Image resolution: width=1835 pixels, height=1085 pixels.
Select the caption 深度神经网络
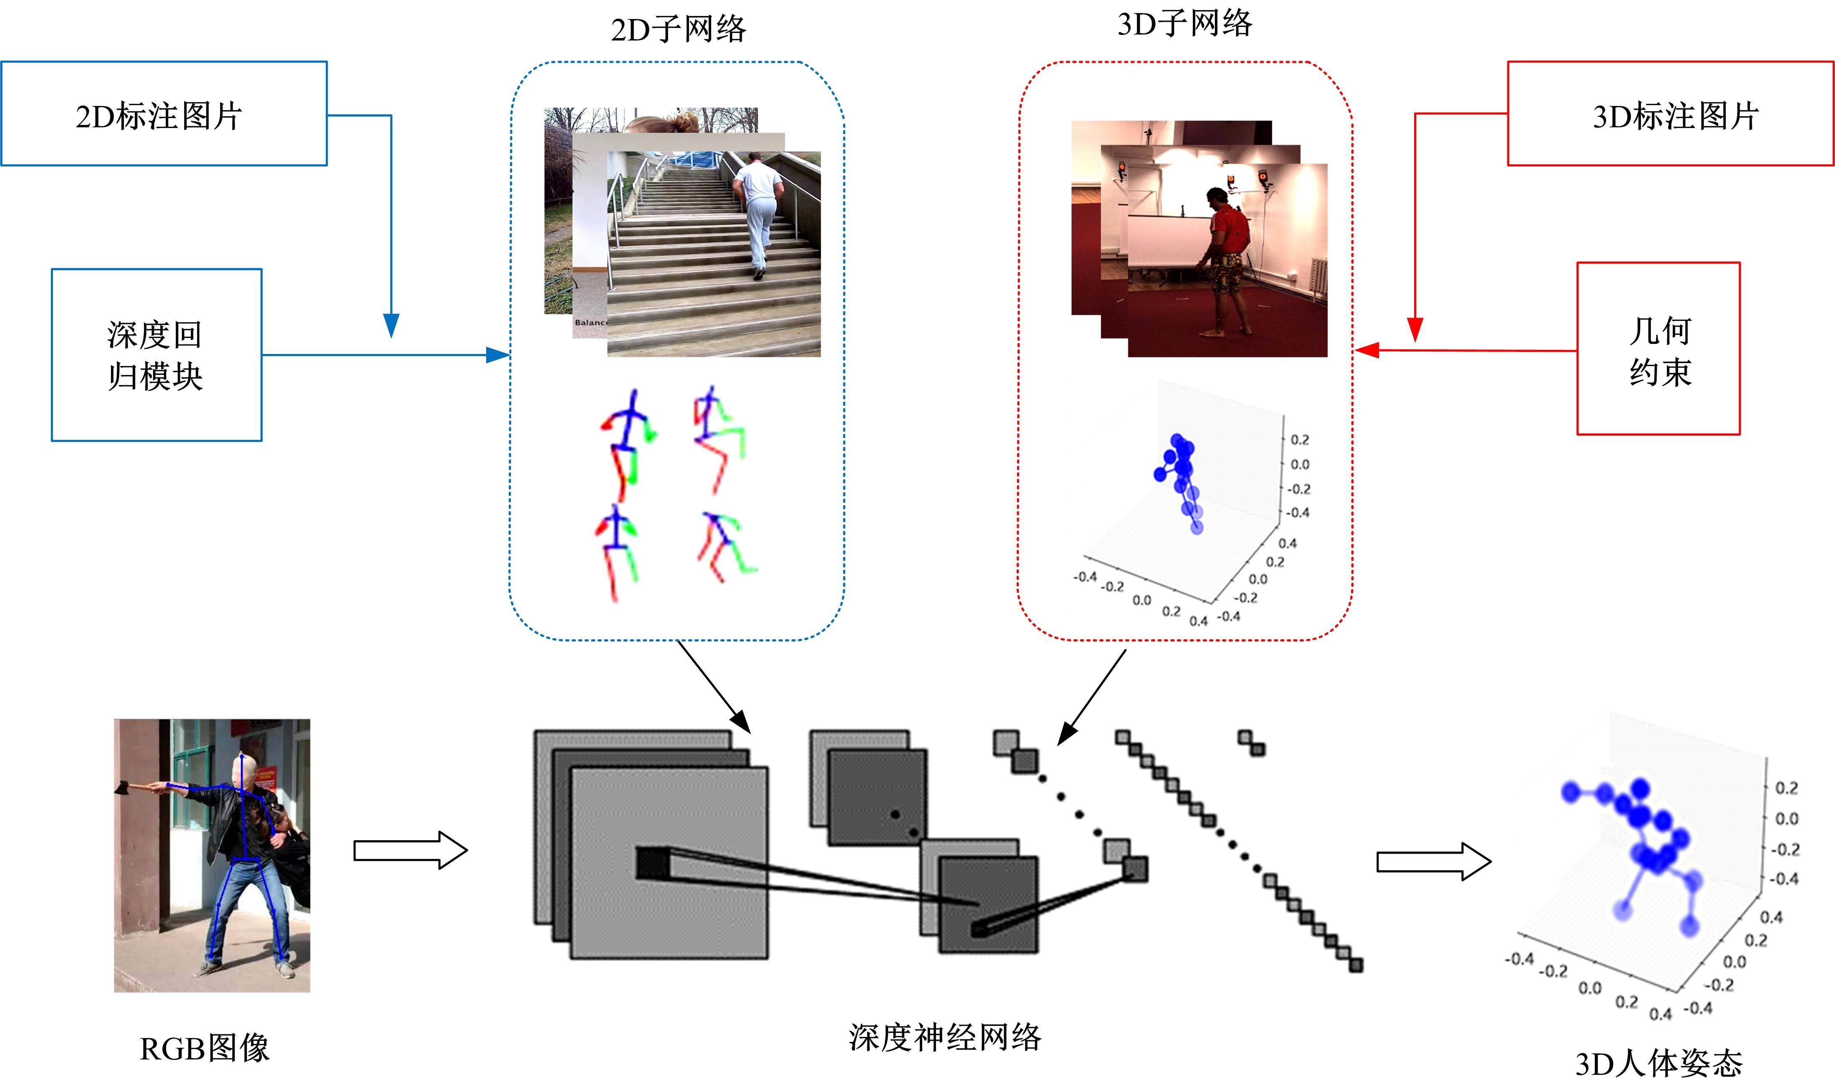[x=945, y=1037]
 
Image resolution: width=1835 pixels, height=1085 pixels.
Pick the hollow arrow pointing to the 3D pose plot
[x=1433, y=861]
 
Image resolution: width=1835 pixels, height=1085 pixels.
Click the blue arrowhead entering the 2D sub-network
[x=499, y=355]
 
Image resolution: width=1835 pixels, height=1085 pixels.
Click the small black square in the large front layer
[x=652, y=863]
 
